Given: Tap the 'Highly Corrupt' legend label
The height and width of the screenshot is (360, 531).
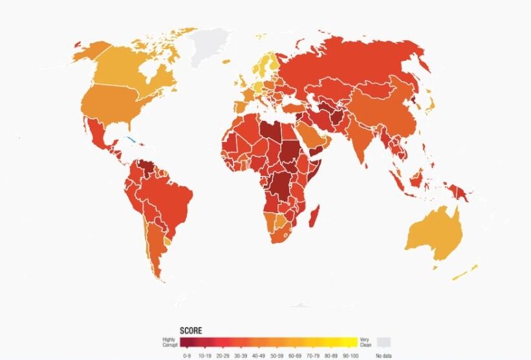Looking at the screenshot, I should pos(169,343).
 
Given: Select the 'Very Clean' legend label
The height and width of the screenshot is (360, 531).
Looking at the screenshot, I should pos(365,343).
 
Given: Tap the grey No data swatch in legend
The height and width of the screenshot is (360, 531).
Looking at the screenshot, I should pos(384,342).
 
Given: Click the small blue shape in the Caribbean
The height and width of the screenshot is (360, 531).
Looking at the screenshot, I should pos(131,139).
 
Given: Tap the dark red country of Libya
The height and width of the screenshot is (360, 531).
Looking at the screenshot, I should pos(270,129).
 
